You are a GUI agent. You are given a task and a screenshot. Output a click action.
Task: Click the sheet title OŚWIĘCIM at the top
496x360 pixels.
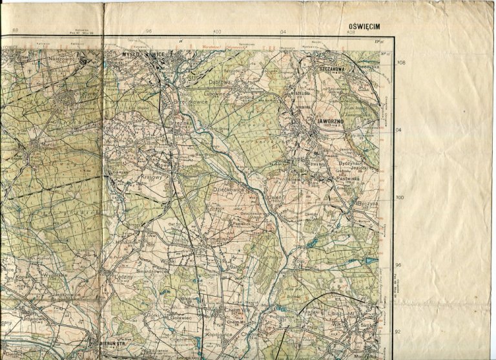366,26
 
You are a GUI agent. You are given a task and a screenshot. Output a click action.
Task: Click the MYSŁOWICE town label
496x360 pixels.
144,56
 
